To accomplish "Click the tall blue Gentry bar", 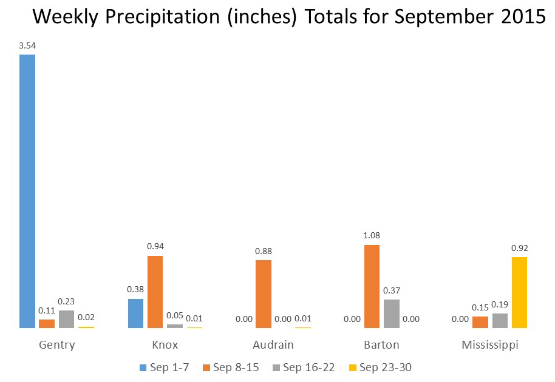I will (27, 191).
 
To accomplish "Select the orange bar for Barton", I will (372, 286).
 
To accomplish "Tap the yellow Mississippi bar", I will (519, 292).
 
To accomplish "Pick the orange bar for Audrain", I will (264, 294).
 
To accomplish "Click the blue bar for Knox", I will (135, 313).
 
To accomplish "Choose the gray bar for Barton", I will (392, 313).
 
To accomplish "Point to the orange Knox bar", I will (155, 292).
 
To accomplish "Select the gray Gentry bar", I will (66, 319).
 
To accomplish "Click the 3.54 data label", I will (27, 45).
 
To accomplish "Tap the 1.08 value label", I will (372, 235).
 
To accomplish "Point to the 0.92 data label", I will (519, 247).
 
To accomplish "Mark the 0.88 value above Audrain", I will (264, 250).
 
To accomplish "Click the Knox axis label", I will (165, 345).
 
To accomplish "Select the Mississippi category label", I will (490, 345).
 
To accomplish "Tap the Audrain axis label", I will (273, 345).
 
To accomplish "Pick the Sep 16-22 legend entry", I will (304, 367).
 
